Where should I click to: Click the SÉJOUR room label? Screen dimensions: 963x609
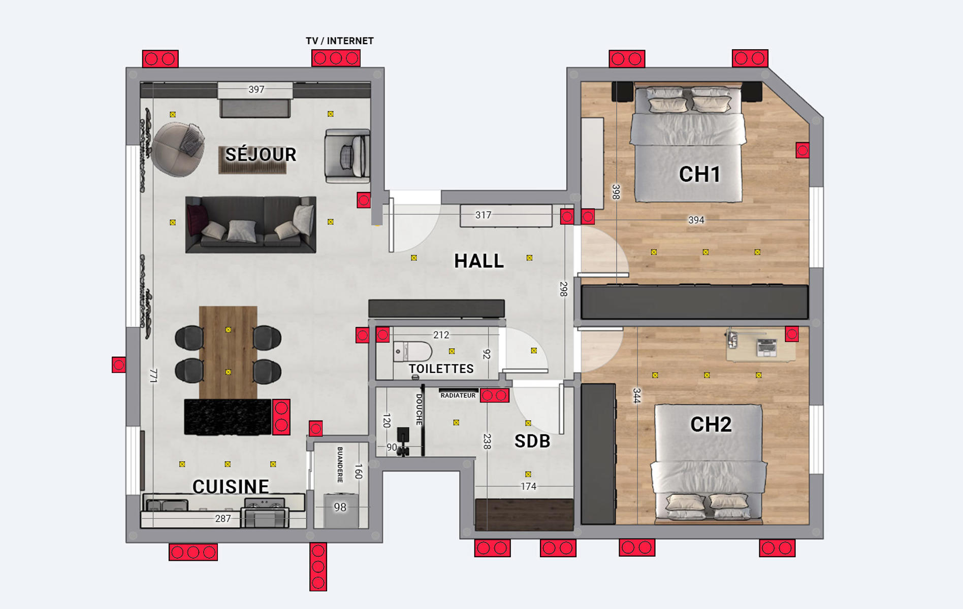coord(261,155)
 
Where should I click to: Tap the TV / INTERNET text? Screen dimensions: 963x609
coord(340,41)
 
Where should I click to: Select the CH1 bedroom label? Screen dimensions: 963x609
coord(700,175)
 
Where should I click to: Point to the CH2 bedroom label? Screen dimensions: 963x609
coord(711,424)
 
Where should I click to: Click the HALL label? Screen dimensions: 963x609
coord(479,261)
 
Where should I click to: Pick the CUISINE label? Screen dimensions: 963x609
coord(231,487)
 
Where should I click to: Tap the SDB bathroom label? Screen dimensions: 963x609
coord(532,442)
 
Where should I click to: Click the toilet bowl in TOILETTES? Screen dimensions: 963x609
coord(412,351)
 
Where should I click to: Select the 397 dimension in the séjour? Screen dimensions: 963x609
coord(256,90)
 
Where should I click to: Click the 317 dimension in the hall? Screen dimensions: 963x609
coord(484,215)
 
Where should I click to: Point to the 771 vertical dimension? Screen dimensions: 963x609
coord(153,376)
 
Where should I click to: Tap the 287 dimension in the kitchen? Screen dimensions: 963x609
coord(223,519)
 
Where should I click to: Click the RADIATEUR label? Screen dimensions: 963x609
coord(458,395)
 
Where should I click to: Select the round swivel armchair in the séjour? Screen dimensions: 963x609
coord(178,149)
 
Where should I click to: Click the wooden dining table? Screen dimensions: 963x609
coord(228,352)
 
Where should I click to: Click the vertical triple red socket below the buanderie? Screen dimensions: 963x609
coord(318,567)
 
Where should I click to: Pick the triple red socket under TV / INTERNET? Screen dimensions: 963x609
coord(336,58)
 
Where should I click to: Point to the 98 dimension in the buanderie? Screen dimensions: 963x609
coord(340,507)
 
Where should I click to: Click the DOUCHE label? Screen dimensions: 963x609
coord(419,410)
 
